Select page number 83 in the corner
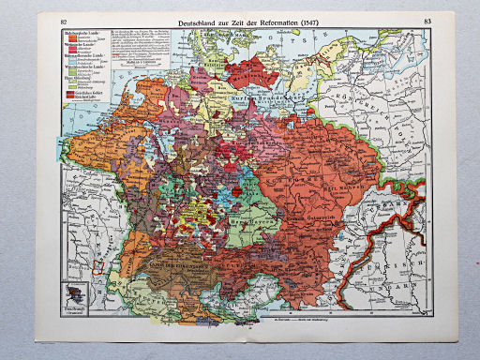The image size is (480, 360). [x=427, y=20]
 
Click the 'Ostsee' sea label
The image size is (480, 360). [x=281, y=37]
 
